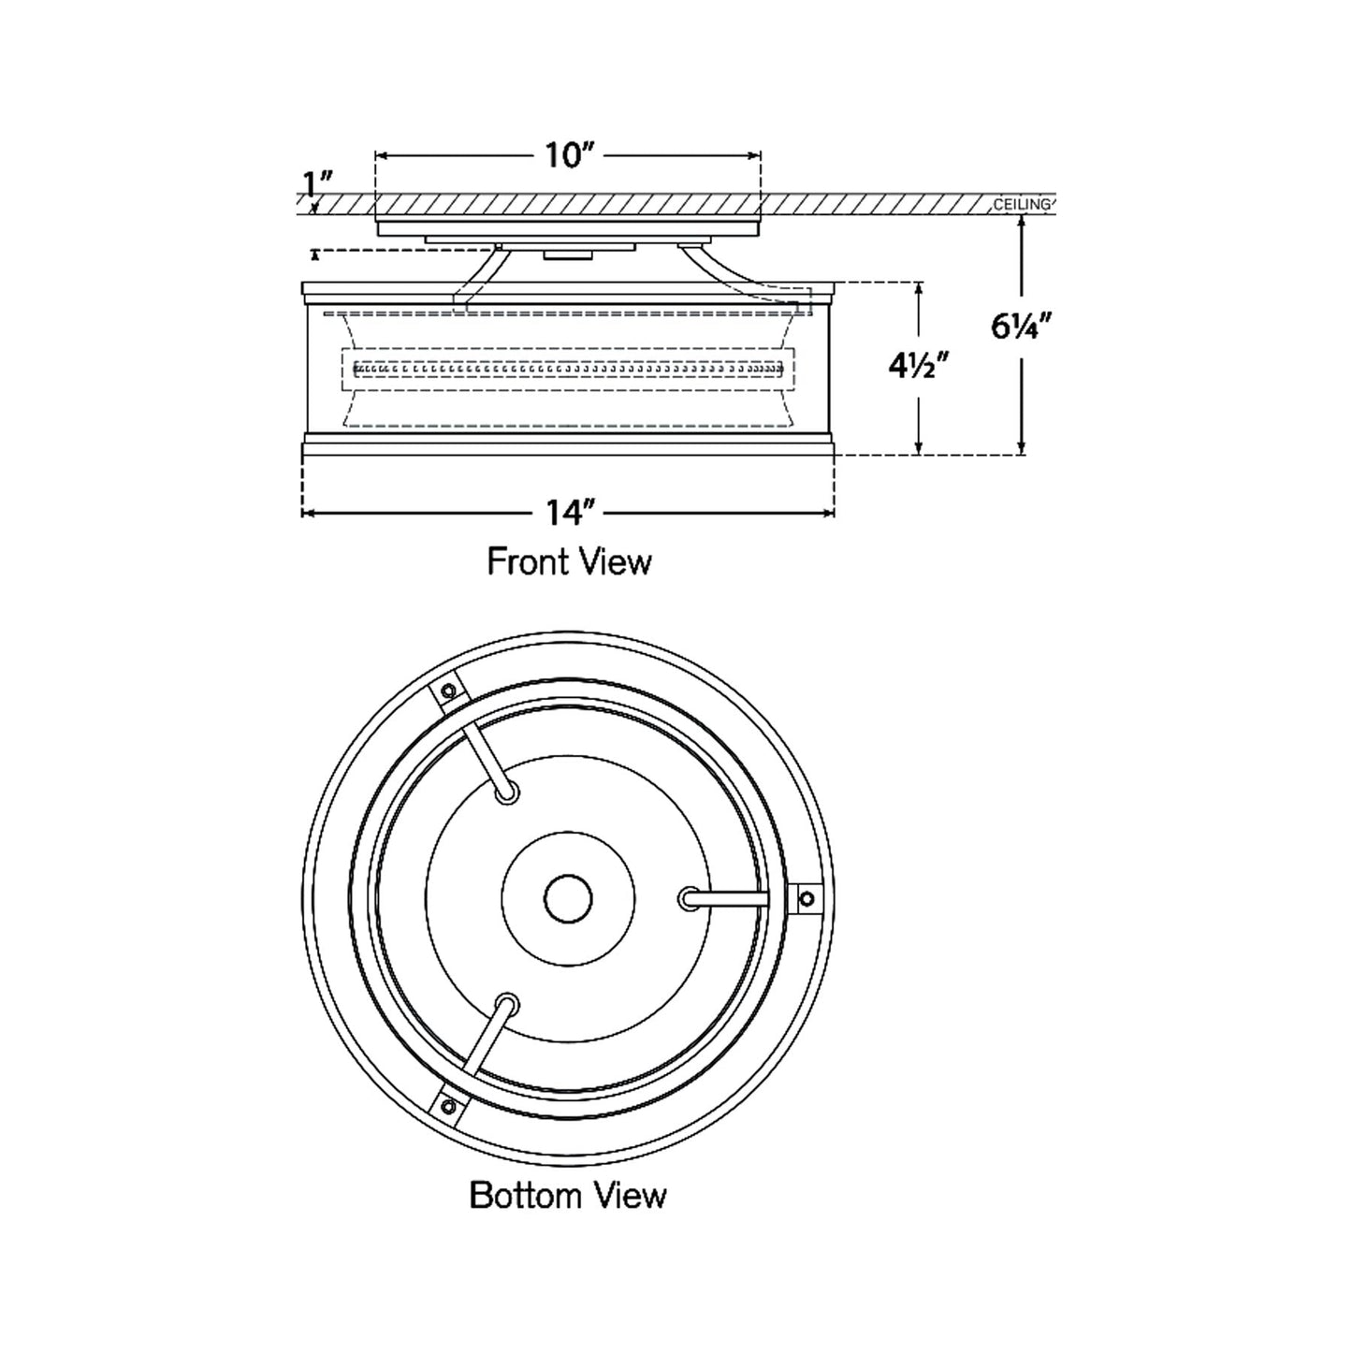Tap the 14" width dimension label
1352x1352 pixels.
tap(571, 513)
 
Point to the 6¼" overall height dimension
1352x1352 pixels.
tap(1023, 327)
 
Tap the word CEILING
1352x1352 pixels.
tap(1022, 204)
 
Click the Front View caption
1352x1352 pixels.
tap(569, 561)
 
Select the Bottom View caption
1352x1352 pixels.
tap(568, 1195)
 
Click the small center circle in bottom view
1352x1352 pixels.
tap(568, 899)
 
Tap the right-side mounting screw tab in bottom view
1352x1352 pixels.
tap(805, 897)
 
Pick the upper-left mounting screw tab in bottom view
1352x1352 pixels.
tap(448, 691)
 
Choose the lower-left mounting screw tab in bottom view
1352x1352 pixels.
tap(449, 1107)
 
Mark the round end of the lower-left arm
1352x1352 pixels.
tap(507, 1004)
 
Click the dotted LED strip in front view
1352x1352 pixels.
tap(568, 368)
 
